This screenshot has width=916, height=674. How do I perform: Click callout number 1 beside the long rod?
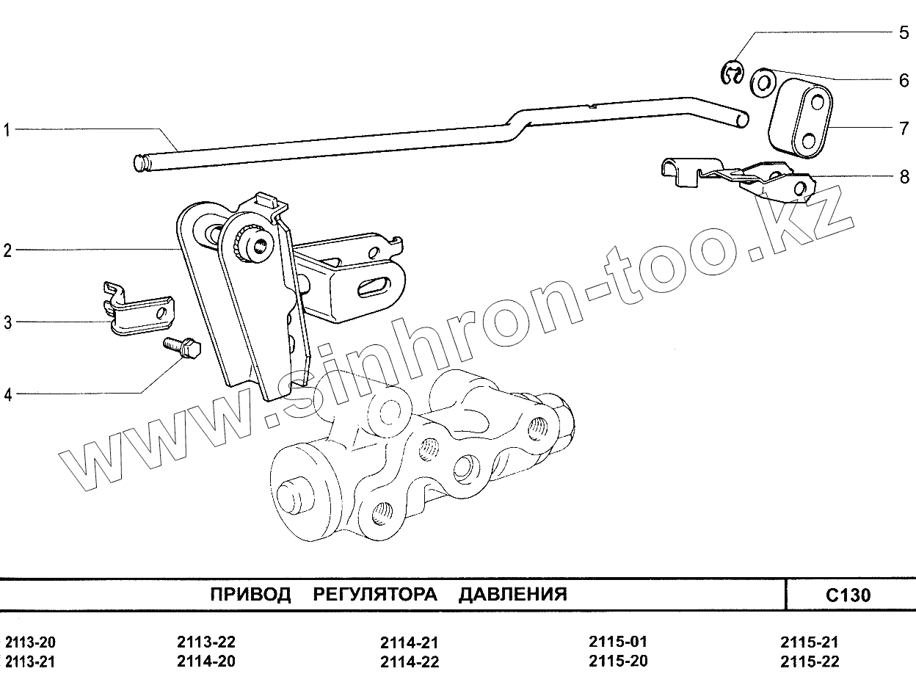coord(7,131)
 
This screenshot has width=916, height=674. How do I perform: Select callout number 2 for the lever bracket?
coord(7,251)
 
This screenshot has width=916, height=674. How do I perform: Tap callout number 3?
coord(7,322)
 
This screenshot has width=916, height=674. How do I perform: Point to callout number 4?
coord(7,395)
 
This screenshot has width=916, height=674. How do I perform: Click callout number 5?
coord(904,33)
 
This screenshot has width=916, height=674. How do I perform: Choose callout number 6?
coord(904,81)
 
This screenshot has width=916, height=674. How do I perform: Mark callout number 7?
coord(904,129)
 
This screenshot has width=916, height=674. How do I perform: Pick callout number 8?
coord(904,176)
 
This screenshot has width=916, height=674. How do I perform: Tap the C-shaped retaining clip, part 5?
coord(732,73)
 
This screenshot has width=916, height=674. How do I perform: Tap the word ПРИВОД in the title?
coord(250,594)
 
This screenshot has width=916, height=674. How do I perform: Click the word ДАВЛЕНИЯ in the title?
coord(512,594)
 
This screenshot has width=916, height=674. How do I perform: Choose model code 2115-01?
coord(618,642)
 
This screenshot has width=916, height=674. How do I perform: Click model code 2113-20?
coord(29,642)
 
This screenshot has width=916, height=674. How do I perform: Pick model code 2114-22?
coord(410,662)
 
